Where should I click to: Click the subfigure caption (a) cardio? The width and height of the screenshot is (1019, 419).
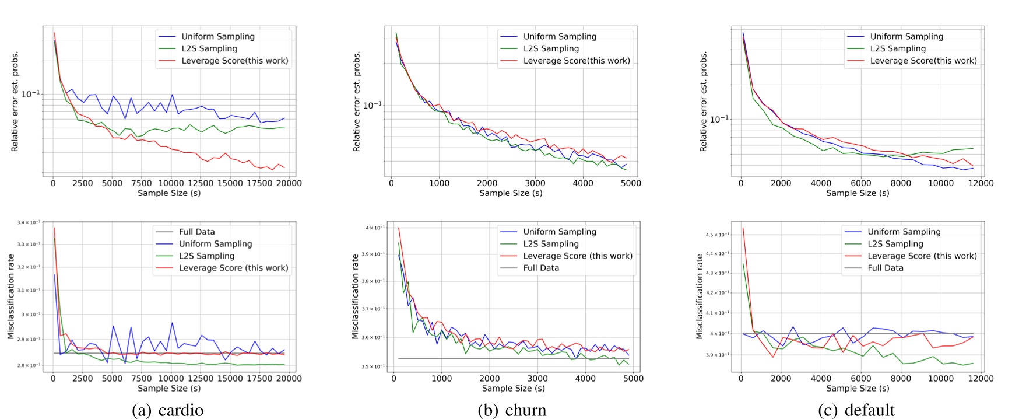[x=168, y=410]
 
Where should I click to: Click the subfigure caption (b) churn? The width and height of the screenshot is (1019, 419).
[x=512, y=410]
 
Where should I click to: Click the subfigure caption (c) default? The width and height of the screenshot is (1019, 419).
[x=856, y=410]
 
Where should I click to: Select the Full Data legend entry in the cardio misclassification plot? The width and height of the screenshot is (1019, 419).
[x=196, y=232]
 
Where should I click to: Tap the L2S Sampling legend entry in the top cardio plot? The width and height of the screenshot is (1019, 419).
[x=209, y=48]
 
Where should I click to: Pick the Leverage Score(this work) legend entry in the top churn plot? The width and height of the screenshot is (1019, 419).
[x=576, y=61]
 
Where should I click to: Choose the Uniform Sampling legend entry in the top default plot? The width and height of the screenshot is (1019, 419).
[x=906, y=36]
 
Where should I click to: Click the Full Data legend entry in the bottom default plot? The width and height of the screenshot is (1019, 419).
[x=885, y=268]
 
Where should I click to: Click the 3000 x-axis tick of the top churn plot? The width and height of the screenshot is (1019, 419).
[x=535, y=183]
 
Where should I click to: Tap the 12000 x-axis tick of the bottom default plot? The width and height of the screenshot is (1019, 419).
[x=981, y=379]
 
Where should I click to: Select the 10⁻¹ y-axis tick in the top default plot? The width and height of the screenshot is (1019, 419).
[x=719, y=120]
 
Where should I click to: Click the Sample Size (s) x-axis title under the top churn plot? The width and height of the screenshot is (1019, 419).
[x=511, y=193]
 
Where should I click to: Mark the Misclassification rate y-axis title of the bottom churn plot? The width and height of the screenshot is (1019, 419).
[x=354, y=296]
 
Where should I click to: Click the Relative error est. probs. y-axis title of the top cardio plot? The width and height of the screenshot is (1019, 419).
[x=15, y=101]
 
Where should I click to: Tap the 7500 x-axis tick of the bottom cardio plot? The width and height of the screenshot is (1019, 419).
[x=141, y=379]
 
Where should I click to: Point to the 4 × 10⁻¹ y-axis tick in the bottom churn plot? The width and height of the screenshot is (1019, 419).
[x=375, y=228]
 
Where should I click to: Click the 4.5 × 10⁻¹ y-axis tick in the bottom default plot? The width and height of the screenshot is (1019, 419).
[x=717, y=235]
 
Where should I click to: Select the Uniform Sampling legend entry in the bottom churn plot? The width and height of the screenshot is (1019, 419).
[x=559, y=232]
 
